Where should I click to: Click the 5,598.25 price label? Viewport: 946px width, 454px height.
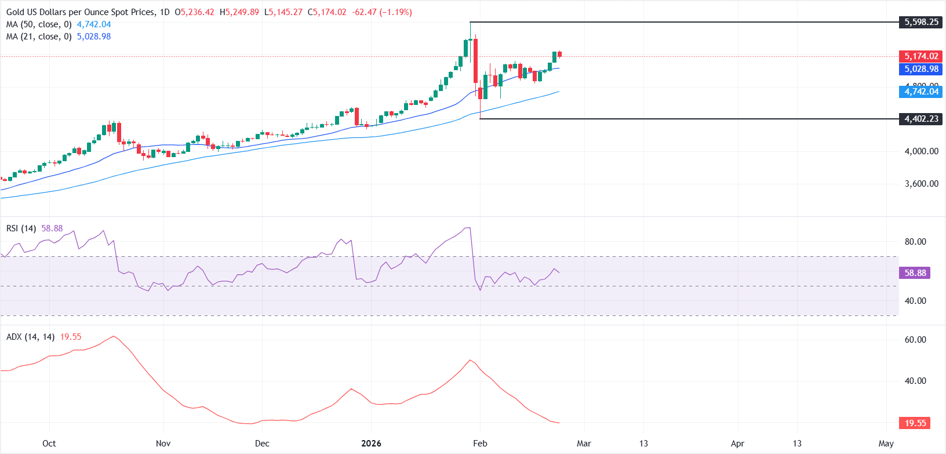(x=921, y=22)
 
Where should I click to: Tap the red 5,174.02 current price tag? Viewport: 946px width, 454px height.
(x=921, y=56)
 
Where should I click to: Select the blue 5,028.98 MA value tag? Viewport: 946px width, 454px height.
(x=921, y=69)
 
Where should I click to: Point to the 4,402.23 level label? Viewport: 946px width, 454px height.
(x=921, y=119)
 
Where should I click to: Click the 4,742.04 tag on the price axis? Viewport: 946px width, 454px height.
(x=921, y=92)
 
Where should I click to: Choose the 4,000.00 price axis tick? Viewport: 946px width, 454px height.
(x=921, y=151)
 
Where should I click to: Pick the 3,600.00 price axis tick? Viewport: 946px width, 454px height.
(x=921, y=184)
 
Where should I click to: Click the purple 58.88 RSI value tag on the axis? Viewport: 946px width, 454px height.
(x=915, y=273)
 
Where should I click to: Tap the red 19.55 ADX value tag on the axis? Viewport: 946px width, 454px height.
(x=915, y=423)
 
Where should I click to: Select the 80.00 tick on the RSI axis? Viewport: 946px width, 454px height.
(x=915, y=242)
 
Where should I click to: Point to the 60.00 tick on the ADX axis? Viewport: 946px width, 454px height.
(x=915, y=340)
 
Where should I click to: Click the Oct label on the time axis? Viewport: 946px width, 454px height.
(x=49, y=444)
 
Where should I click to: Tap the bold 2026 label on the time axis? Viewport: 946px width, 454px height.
(x=371, y=444)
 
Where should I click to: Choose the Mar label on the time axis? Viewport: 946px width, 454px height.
(x=584, y=444)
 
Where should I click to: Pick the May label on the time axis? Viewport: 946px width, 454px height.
(x=886, y=444)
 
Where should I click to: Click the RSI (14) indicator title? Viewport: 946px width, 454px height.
(x=21, y=228)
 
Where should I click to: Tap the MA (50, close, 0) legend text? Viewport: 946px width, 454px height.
(x=39, y=24)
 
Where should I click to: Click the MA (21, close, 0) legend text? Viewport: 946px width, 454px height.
(x=39, y=37)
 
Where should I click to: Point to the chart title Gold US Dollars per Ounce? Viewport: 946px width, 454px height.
(x=81, y=12)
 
